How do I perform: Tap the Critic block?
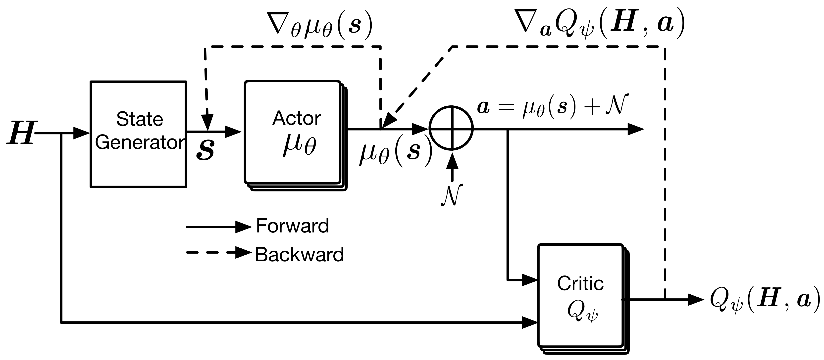click(x=583, y=299)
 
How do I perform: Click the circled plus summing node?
click(x=451, y=128)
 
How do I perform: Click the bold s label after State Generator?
click(x=205, y=149)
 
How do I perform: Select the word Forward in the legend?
click(x=292, y=226)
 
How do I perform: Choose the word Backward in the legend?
click(x=299, y=255)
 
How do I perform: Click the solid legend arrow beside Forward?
click(x=219, y=227)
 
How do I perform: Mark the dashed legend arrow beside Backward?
click(x=219, y=253)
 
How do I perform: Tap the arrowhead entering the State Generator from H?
click(x=82, y=133)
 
